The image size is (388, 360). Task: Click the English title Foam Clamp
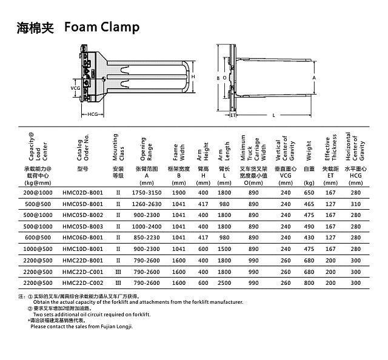coord(101,27)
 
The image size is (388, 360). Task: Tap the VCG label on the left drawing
coord(76,87)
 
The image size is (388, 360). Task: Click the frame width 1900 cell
coord(179,192)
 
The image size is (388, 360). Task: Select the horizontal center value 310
coord(355,203)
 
